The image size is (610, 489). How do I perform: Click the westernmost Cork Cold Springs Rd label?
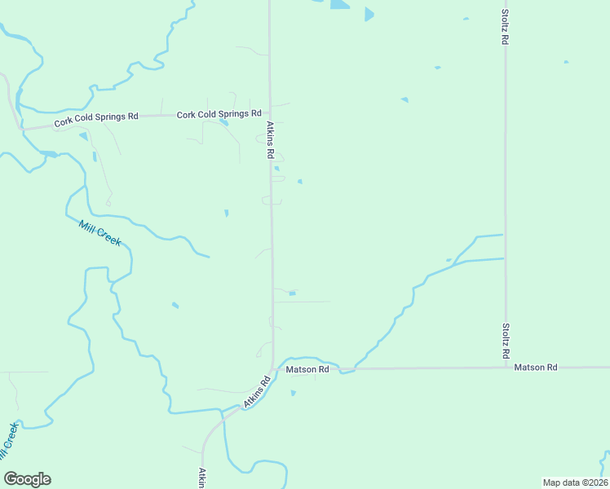point(96,120)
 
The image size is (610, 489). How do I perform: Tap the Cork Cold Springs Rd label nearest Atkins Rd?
point(219,114)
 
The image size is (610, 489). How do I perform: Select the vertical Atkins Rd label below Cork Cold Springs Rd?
point(270,139)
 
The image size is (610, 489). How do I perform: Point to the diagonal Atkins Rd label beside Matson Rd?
point(256,393)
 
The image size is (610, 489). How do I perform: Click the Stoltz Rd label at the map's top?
point(506,27)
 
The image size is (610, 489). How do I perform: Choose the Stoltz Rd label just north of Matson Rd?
point(506,342)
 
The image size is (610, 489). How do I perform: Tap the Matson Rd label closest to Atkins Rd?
point(307,369)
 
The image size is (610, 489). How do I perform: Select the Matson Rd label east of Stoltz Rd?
point(535,368)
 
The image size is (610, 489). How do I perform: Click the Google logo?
point(27,479)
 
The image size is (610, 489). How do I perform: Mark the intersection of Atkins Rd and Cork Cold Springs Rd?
point(271,114)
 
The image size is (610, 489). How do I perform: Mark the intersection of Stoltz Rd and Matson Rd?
point(506,368)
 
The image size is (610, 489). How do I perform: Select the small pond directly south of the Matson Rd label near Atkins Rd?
point(293,393)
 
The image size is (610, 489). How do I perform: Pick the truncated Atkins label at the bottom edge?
point(201,478)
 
